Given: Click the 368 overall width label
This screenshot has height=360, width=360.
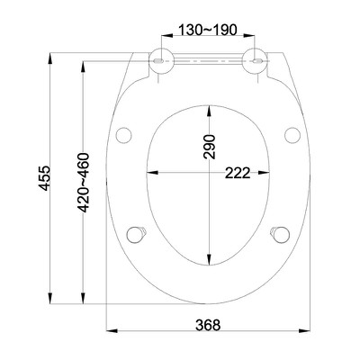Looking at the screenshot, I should click(x=209, y=325).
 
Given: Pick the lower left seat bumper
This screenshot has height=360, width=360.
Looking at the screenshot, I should click(x=138, y=232).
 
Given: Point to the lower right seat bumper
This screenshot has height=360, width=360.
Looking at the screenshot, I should click(x=281, y=232).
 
